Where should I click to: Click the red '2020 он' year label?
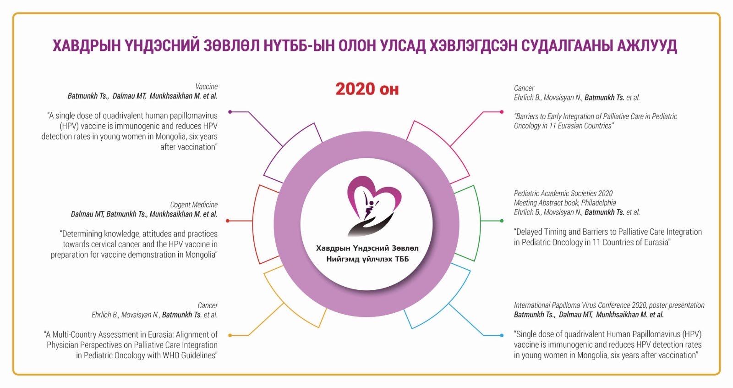point(367,89)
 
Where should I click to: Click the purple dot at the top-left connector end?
point(230,112)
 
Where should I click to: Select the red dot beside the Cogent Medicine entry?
point(228,221)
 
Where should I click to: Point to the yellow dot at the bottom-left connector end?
point(230,335)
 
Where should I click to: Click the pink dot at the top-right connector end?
point(502,112)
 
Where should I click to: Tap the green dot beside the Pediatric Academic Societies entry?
point(502,221)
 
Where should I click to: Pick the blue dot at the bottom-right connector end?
point(502,335)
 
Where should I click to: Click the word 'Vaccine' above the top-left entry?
point(207,87)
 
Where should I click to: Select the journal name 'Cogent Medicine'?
point(194,205)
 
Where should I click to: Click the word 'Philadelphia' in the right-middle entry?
point(598,203)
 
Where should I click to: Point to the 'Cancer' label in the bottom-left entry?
point(208,305)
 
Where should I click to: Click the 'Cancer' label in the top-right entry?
point(524,88)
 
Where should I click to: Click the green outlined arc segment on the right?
point(476,223)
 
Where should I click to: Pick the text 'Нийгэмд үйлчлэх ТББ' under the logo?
point(367,259)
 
